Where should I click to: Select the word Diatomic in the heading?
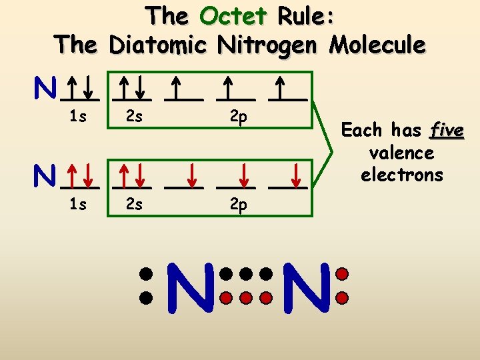pyautogui.click(x=159, y=45)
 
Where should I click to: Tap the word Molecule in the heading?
pyautogui.click(x=377, y=45)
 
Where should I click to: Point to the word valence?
pyautogui.click(x=401, y=153)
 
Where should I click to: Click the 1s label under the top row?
pyautogui.click(x=78, y=118)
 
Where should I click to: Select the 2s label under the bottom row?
pyautogui.click(x=134, y=205)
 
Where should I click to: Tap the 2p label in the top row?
pyautogui.click(x=239, y=118)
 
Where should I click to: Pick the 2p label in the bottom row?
pyautogui.click(x=239, y=205)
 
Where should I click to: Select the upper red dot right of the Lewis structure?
pyautogui.click(x=342, y=273)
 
